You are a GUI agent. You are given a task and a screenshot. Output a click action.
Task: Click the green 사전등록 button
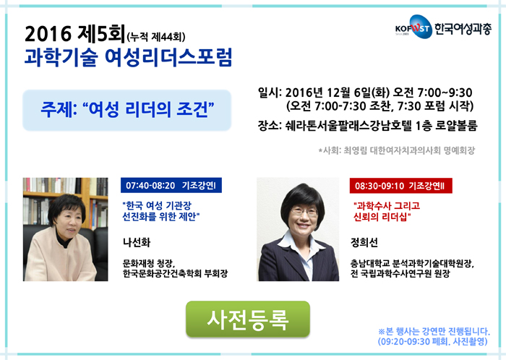(x=248, y=319)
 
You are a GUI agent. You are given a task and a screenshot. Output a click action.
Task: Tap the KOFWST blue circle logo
(x=421, y=27)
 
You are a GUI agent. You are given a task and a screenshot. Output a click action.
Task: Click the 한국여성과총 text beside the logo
(x=463, y=29)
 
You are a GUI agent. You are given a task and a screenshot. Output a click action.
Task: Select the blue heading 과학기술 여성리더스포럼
(x=128, y=57)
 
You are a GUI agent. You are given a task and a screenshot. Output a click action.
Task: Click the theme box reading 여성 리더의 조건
(x=126, y=110)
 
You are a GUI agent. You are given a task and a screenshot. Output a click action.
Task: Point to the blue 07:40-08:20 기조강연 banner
(x=171, y=186)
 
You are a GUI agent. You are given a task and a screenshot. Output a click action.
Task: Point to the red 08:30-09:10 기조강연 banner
(x=400, y=186)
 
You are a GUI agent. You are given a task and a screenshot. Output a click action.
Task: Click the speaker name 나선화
(x=137, y=243)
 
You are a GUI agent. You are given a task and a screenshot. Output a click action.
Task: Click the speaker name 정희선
(x=364, y=243)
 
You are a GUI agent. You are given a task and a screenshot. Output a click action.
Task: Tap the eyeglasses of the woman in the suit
(x=304, y=212)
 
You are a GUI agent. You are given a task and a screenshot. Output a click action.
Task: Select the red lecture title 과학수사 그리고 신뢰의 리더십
(x=386, y=211)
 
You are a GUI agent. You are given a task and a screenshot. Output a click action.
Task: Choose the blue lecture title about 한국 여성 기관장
(x=160, y=211)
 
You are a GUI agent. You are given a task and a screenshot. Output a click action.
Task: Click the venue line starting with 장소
(x=367, y=126)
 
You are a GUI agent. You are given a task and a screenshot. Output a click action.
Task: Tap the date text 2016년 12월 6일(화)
(x=338, y=93)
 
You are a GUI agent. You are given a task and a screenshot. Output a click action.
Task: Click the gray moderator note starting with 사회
(x=397, y=150)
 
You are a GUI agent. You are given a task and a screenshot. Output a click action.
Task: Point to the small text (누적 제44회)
(x=156, y=37)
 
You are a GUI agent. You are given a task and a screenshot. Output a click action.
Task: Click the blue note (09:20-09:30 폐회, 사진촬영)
(x=432, y=342)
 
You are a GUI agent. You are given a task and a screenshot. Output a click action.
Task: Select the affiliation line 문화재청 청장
(x=149, y=264)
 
